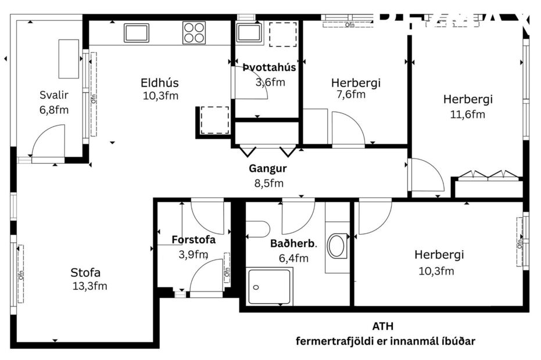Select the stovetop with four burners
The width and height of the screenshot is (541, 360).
tap(194, 33)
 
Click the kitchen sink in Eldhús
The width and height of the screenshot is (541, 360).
tap(137, 33)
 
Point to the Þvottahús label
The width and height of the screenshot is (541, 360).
tap(270, 68)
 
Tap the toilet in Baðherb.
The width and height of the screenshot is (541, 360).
tap(256, 229)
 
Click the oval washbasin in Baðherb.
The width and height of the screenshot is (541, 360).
tap(337, 246)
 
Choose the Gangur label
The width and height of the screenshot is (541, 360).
tap(268, 170)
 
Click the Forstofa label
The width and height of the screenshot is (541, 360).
tap(194, 239)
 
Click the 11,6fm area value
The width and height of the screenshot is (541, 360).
tap(467, 114)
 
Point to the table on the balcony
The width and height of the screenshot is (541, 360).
tap(69, 59)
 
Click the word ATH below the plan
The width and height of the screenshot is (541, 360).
tap(386, 327)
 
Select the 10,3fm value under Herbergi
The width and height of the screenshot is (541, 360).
tap(436, 271)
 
